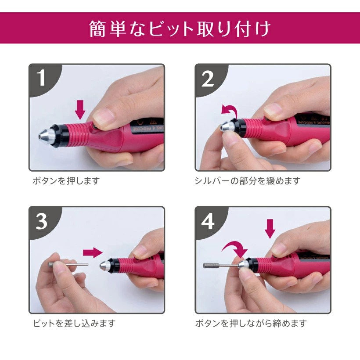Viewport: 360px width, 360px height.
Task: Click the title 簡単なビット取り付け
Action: (180, 29)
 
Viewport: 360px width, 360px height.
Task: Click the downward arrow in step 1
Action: (80, 109)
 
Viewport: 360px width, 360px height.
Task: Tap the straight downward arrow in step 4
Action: (270, 228)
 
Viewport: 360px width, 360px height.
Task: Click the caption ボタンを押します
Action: (66, 181)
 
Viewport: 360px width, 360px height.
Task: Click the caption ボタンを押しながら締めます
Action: (251, 324)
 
